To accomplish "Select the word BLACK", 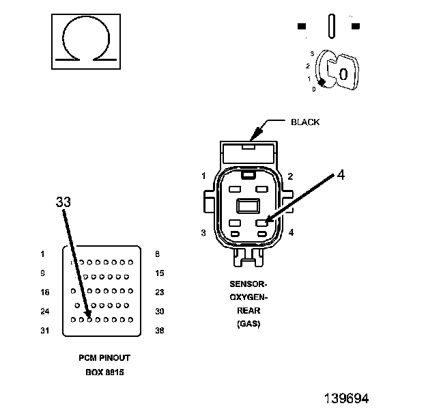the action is pyautogui.click(x=305, y=122).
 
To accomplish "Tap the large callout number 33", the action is pyautogui.click(x=63, y=202).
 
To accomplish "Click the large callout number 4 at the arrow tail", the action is pyautogui.click(x=341, y=174).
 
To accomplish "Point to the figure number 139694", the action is pyautogui.click(x=346, y=398).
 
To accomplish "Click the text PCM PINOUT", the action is pyautogui.click(x=104, y=358).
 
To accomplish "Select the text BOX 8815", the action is pyautogui.click(x=104, y=372).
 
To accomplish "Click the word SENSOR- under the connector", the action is pyautogui.click(x=248, y=284).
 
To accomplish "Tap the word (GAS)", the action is pyautogui.click(x=248, y=324).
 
